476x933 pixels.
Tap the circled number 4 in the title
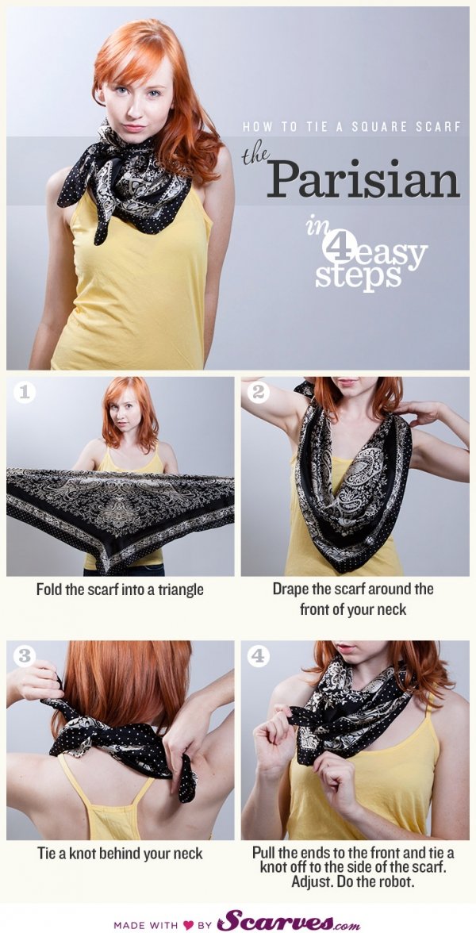coord(340,244)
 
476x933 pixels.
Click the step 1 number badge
coord(25,392)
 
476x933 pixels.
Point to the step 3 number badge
coord(25,656)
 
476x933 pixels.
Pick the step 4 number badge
coord(258,656)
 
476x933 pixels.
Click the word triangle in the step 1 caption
coord(179,590)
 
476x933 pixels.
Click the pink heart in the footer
coord(188,925)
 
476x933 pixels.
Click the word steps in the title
coord(349,277)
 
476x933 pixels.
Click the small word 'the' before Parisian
coord(255,156)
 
